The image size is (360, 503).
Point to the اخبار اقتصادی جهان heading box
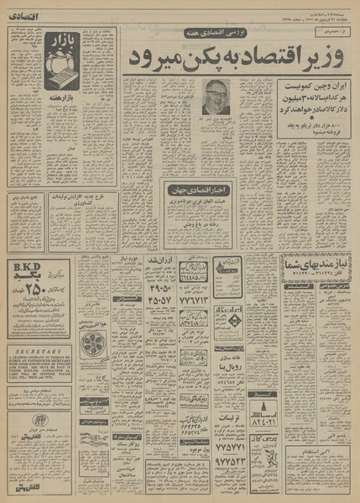click(x=199, y=186)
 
